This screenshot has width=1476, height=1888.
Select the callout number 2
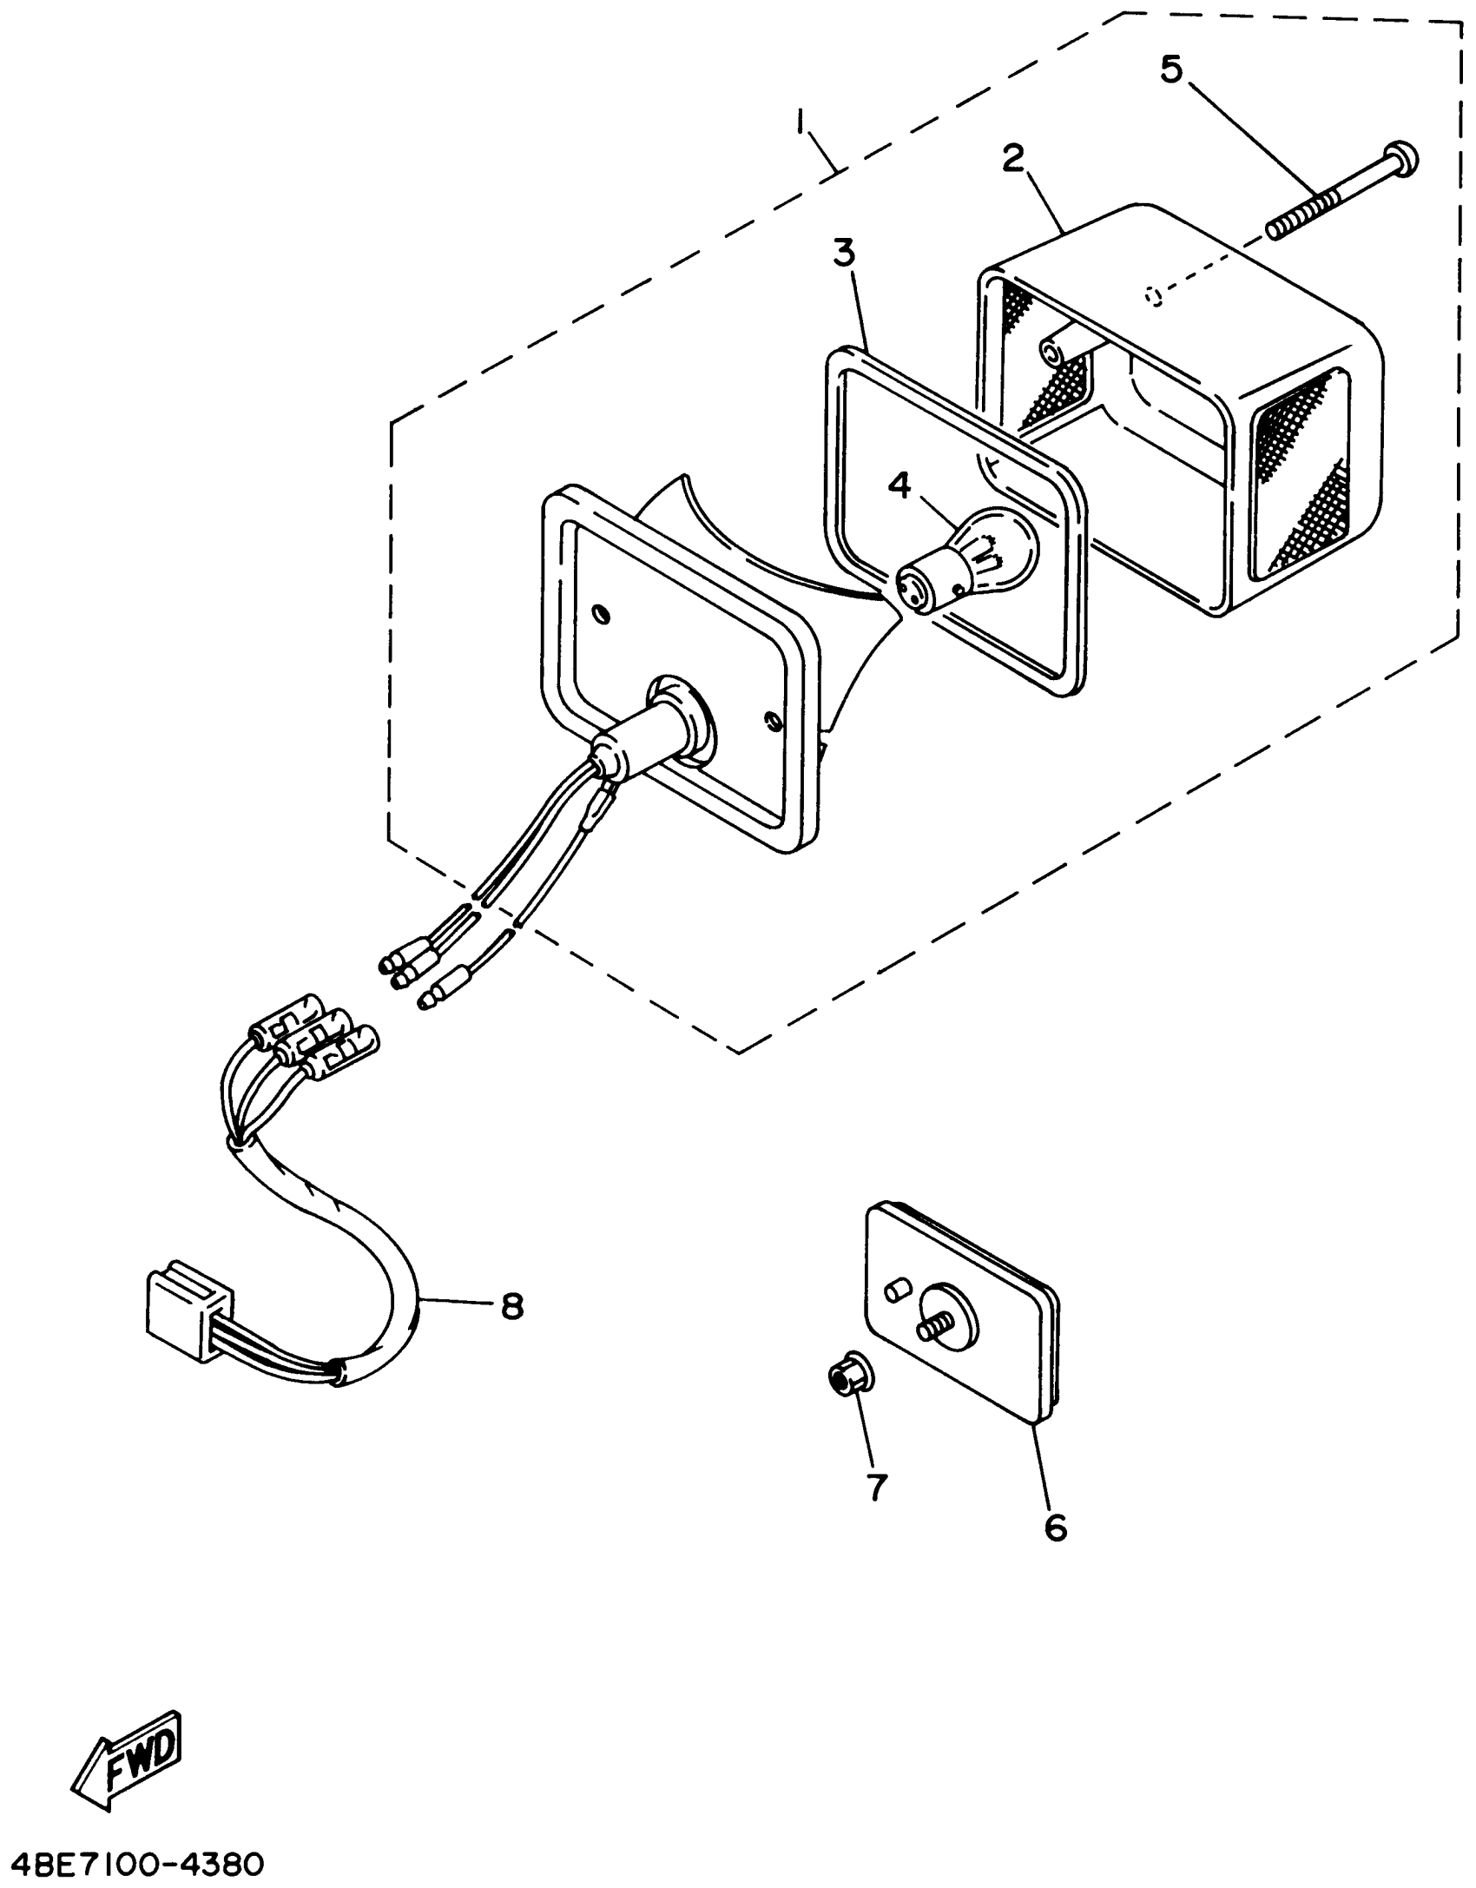tap(1012, 159)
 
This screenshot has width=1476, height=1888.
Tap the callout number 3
tap(844, 254)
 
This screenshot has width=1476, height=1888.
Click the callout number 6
tap(1055, 1526)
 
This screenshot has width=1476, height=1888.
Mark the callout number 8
tap(512, 1329)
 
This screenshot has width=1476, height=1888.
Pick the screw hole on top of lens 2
tap(1155, 298)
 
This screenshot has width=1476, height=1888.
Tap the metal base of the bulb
tap(920, 584)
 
